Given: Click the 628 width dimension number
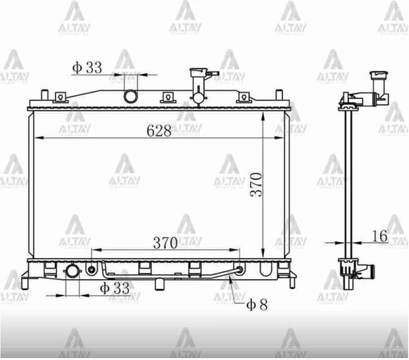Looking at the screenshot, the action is tap(159, 131).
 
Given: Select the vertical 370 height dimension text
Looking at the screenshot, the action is tap(256, 184).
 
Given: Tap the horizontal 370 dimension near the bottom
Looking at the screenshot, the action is tap(165, 243).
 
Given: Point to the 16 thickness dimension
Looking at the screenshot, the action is tap(380, 236).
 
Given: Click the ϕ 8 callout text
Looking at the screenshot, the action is tap(257, 305).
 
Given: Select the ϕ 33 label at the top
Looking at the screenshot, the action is tap(87, 67).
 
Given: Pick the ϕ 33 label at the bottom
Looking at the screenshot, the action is tap(115, 288).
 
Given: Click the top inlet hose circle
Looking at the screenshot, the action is tap(131, 96).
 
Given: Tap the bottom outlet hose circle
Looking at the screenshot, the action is tap(73, 272).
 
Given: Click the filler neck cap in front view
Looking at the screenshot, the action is tap(199, 71).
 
